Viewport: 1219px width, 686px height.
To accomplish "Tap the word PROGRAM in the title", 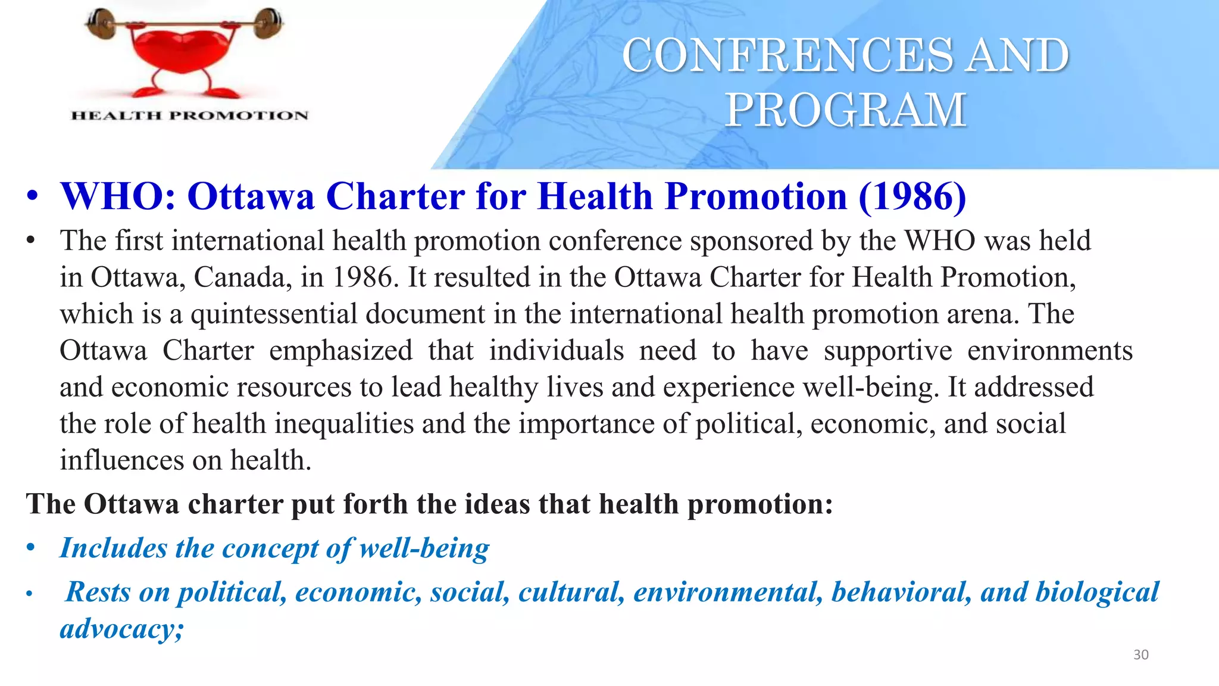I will click(845, 110).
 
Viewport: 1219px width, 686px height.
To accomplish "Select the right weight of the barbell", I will click(267, 23).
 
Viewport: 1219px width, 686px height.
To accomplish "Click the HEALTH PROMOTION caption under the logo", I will click(189, 116).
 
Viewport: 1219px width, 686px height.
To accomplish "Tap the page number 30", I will click(1140, 655).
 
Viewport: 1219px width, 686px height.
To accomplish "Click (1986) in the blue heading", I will click(912, 196).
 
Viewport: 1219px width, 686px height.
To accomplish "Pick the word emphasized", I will click(340, 350).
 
